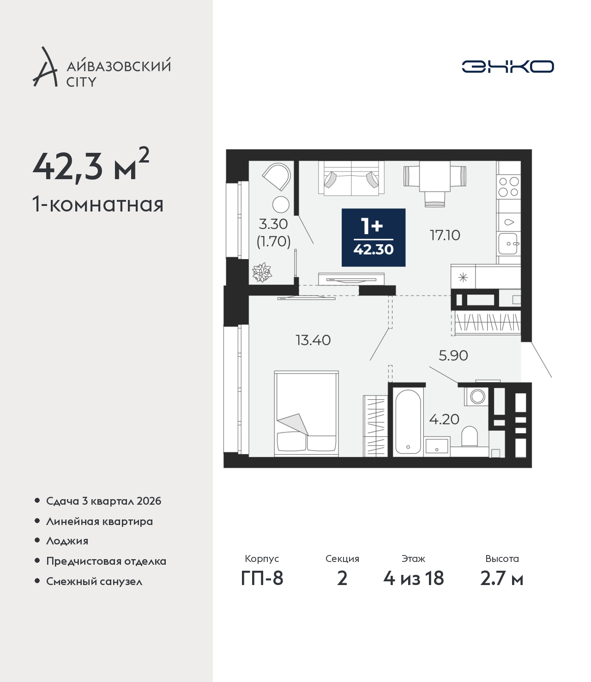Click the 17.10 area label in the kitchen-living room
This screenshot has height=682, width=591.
(445, 235)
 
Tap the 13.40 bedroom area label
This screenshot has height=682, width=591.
(313, 340)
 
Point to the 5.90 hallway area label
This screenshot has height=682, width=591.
(453, 356)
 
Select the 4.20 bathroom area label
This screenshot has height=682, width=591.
(444, 419)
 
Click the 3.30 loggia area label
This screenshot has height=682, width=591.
(273, 224)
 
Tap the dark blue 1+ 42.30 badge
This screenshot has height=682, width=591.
(374, 237)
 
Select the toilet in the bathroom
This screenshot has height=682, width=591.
(469, 436)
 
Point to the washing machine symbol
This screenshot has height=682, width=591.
(476, 396)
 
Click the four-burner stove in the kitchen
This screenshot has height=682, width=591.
(508, 187)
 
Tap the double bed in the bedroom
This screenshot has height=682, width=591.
(307, 413)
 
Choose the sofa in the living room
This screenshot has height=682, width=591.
(351, 178)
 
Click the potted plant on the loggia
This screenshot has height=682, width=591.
(262, 272)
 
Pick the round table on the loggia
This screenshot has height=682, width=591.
(281, 205)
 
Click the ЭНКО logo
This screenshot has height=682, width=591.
(507, 66)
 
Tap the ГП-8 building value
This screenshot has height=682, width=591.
(262, 579)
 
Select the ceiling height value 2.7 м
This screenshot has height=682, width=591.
(501, 579)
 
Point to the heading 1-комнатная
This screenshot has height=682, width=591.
(98, 205)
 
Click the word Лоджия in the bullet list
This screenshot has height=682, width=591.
(67, 541)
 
